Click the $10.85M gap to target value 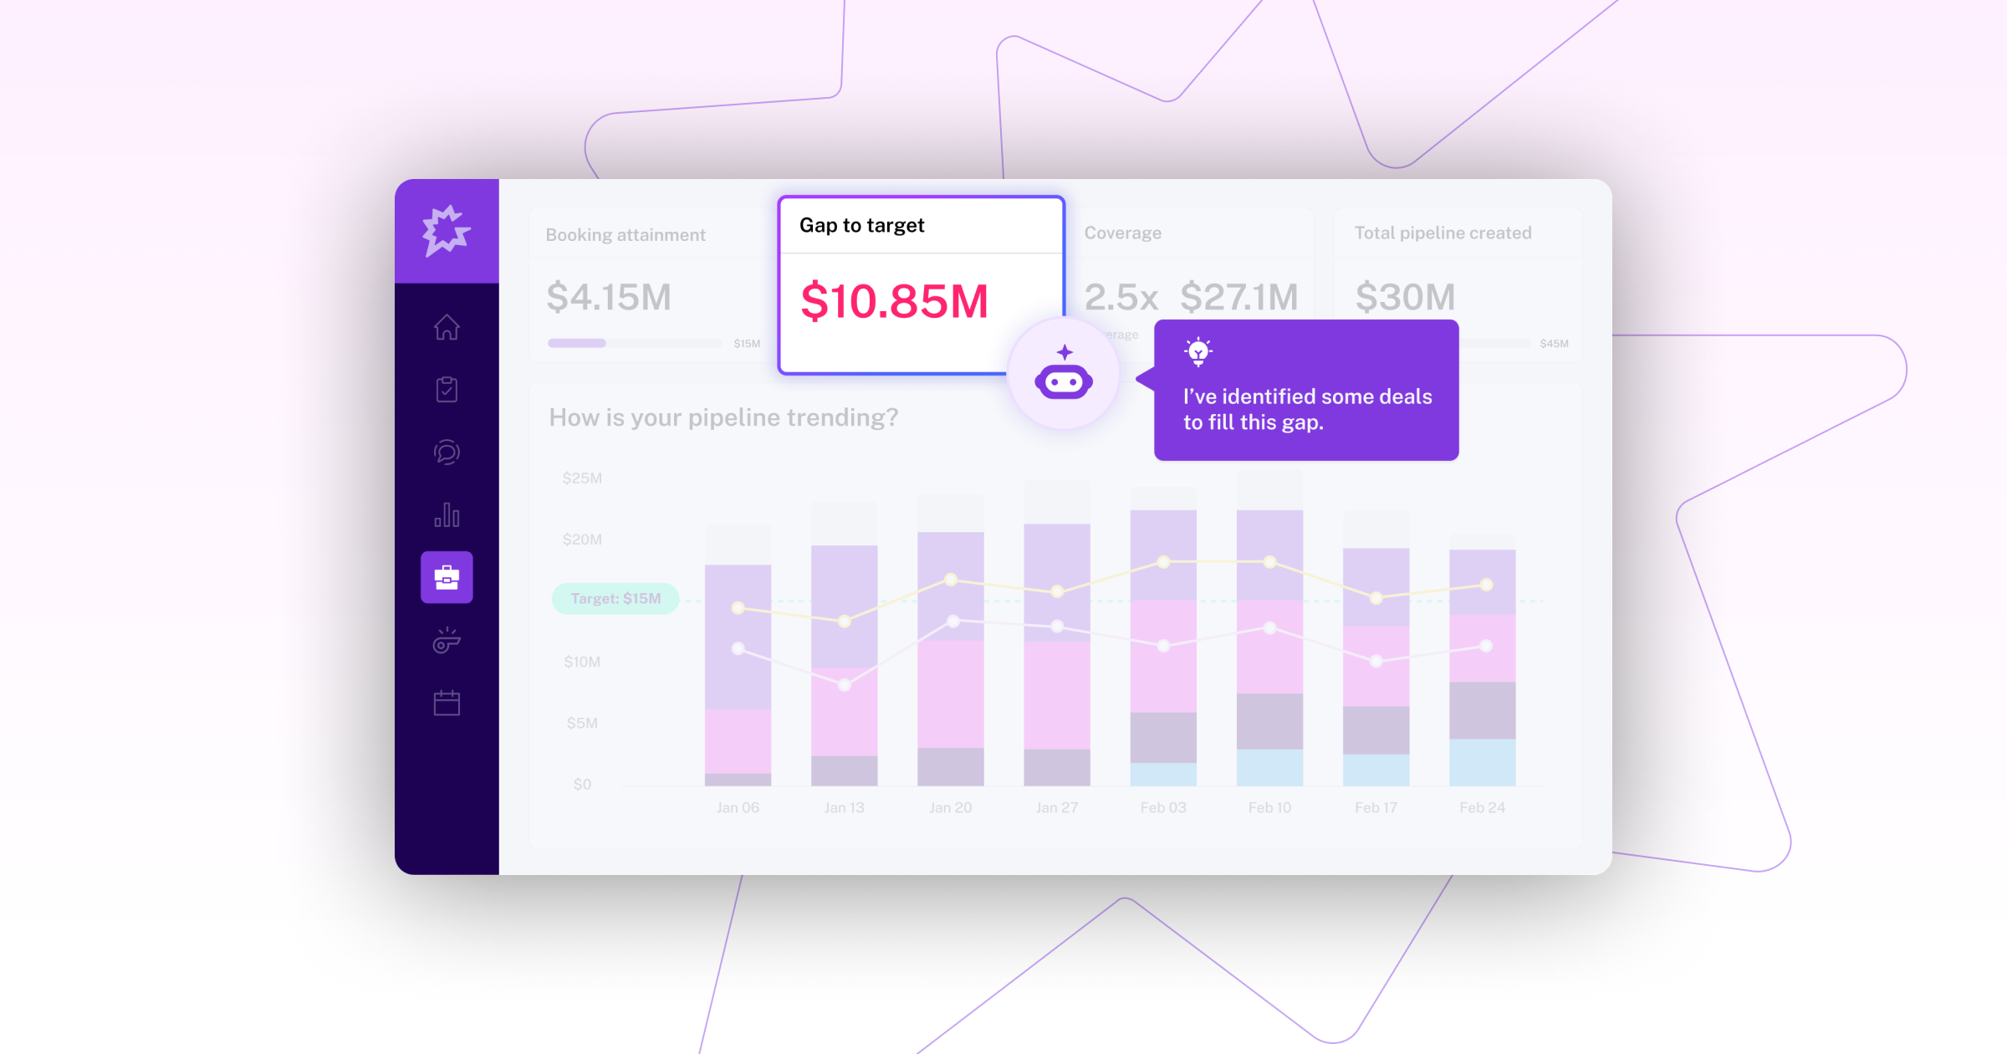[894, 302]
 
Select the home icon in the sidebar [447, 327]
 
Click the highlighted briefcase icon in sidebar [447, 577]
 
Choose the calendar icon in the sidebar [447, 703]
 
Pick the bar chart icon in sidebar [447, 514]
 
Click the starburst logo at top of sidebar [446, 230]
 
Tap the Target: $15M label [615, 599]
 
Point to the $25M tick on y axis [582, 478]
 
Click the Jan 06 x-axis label [738, 807]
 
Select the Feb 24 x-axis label [1482, 807]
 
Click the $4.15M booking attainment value [609, 298]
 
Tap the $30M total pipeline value [1405, 297]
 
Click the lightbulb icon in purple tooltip [1198, 352]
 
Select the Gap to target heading [861, 226]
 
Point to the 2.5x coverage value [1121, 297]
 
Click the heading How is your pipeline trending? [723, 417]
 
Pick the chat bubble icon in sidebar [447, 453]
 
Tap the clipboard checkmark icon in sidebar [447, 389]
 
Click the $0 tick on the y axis [582, 785]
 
